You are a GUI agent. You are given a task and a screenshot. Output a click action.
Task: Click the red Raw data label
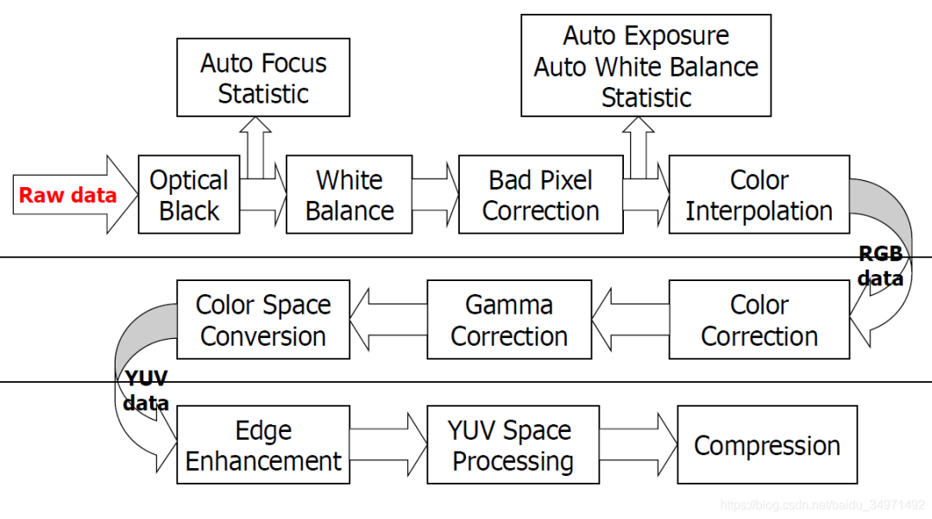pos(67,196)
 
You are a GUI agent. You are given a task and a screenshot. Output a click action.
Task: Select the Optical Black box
pos(189,195)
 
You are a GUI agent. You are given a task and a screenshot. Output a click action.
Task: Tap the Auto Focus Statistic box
pos(263,78)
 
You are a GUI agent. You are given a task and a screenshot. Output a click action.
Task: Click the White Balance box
pos(349,195)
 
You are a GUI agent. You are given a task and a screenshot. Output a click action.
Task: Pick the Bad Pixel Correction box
pos(540,195)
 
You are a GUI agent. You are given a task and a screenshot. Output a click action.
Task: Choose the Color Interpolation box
pos(759,195)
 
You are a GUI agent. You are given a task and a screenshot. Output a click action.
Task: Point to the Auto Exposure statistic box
pos(645,66)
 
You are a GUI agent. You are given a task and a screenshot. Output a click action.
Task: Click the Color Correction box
pos(759,320)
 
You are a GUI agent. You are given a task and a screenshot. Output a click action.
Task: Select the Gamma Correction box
pos(509,320)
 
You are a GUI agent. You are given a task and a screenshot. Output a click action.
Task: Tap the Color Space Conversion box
pos(263,320)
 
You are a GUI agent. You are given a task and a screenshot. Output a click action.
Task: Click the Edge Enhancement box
pos(263,446)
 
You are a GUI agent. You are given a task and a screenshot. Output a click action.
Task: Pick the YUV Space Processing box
pos(513,446)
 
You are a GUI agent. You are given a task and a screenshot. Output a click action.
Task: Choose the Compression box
pos(767,446)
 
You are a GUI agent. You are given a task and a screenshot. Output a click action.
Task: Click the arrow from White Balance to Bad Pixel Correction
pos(436,195)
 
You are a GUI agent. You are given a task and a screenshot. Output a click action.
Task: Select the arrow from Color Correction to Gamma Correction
pos(631,320)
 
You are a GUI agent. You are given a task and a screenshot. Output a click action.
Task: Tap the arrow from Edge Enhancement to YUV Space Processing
pos(388,446)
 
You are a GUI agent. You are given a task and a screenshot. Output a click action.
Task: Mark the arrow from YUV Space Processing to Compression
pos(639,446)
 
